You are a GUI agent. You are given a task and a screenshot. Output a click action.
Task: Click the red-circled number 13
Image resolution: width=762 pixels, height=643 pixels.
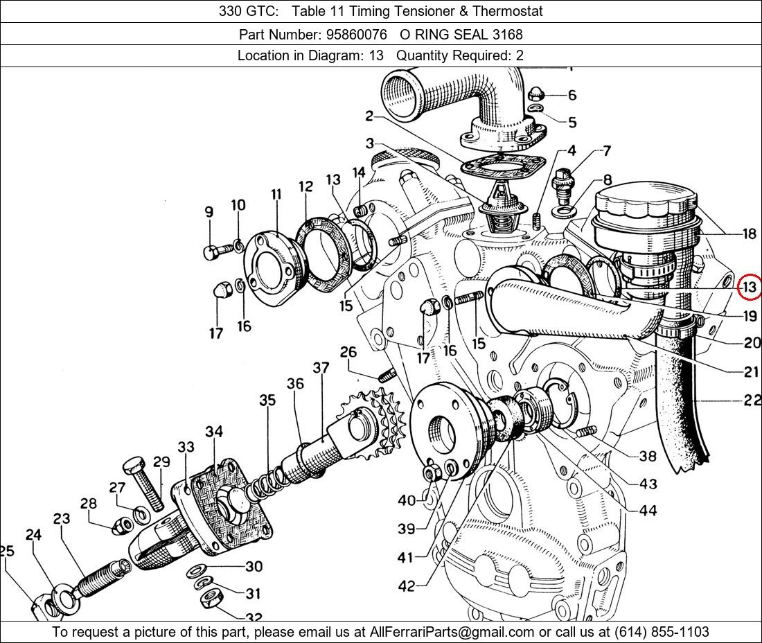pos(750,287)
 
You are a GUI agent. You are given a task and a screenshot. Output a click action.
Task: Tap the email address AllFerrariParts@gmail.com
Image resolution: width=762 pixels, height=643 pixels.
pos(452,632)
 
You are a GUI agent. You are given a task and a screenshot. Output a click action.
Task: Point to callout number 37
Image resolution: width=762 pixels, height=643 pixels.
pos(321,368)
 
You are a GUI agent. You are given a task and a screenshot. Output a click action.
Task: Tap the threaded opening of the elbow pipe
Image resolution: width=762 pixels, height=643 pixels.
pos(404,91)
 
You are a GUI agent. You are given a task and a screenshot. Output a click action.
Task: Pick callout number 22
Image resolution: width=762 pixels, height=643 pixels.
pos(752,400)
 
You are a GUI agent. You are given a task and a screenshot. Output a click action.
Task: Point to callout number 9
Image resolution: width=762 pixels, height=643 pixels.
pos(209,213)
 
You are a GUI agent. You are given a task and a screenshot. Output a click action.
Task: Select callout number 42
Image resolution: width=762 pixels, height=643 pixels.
pos(407,586)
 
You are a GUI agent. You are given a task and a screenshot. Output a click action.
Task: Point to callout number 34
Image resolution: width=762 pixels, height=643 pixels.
pos(214,432)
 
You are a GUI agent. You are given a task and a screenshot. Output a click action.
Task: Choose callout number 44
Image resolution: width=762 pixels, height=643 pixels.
pos(648,511)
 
